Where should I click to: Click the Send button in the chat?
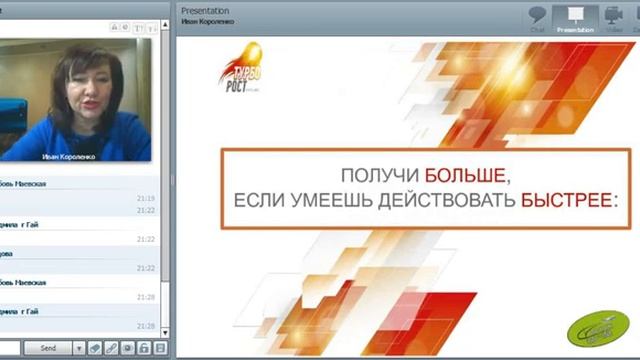pyautogui.click(x=47, y=348)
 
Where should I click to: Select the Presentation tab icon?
pyautogui.click(x=574, y=17)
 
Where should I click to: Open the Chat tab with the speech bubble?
pyautogui.click(x=537, y=17)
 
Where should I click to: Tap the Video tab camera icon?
pyautogui.click(x=614, y=17)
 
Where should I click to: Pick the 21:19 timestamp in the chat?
pyautogui.click(x=146, y=198)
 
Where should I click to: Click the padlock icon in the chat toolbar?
pyautogui.click(x=144, y=348)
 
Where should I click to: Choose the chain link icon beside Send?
pyautogui.click(x=111, y=348)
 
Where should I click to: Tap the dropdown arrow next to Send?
pyautogui.click(x=78, y=348)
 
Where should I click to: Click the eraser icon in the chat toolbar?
pyautogui.click(x=95, y=348)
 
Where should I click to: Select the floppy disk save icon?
pyautogui.click(x=160, y=348)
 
